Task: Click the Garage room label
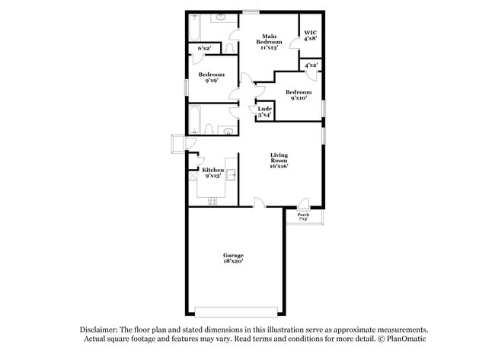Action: (233, 257)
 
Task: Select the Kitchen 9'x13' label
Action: (212, 172)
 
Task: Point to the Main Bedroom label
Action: (269, 41)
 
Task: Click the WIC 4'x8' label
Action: (311, 34)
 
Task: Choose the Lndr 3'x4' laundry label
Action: (265, 111)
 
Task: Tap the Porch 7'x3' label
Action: (303, 216)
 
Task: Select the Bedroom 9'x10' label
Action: (299, 95)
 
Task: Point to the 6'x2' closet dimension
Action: (204, 48)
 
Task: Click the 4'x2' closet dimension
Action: (311, 65)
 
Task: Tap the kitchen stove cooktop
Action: (212, 201)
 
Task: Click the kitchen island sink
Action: (232, 174)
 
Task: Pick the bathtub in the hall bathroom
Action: (194, 119)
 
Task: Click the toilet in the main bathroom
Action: (229, 47)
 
